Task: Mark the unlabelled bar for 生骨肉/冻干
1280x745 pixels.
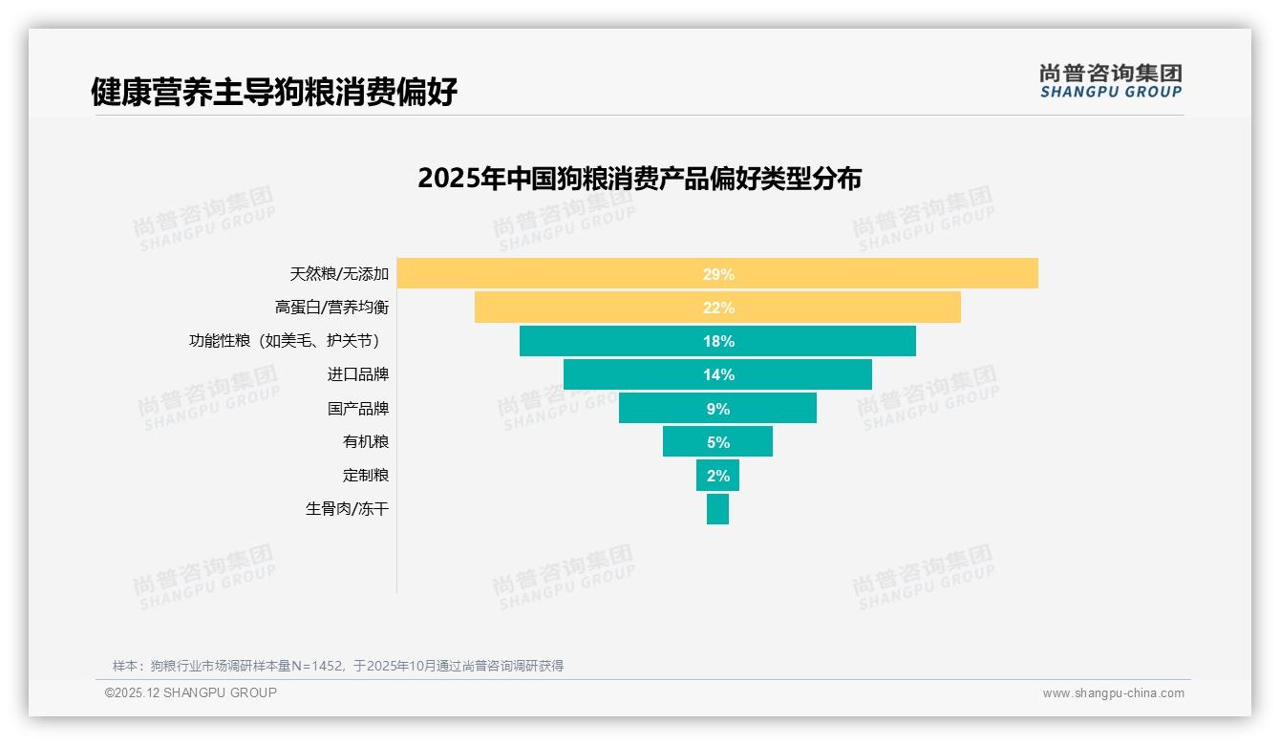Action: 717,508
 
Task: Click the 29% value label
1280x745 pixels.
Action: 718,274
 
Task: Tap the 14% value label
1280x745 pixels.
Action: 718,374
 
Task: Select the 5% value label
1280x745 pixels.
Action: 718,442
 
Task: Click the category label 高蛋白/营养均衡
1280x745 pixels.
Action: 331,308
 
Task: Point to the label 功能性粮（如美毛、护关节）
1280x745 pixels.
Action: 288,341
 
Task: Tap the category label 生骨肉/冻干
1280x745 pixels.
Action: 347,509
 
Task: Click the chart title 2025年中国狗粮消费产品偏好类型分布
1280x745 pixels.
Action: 639,179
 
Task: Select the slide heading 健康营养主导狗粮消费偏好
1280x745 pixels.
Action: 274,92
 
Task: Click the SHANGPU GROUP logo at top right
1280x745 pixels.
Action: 1110,81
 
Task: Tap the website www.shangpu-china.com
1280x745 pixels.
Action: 1113,693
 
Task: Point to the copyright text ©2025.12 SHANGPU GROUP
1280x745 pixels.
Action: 190,692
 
